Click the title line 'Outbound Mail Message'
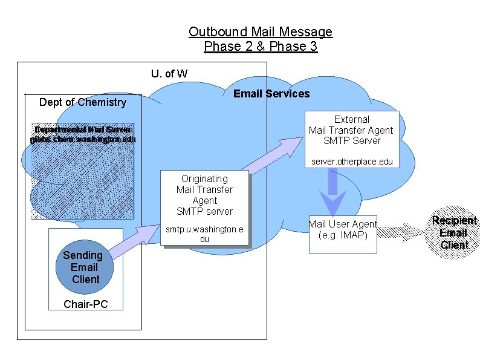click(x=260, y=31)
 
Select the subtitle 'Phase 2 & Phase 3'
click(x=260, y=47)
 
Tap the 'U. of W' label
click(x=169, y=74)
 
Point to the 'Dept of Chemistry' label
click(x=83, y=102)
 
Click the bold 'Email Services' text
click(x=271, y=94)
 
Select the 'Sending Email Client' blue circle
click(x=85, y=267)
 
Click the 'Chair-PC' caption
click(x=85, y=304)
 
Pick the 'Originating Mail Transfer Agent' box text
click(x=204, y=195)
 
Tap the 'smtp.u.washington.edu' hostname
click(x=204, y=234)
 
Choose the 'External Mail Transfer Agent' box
click(x=351, y=130)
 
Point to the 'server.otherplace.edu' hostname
click(x=351, y=162)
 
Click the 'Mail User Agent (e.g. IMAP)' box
click(x=342, y=229)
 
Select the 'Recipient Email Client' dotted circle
click(x=453, y=232)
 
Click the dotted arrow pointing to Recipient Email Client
click(x=402, y=231)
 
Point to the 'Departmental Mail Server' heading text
click(x=83, y=130)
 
